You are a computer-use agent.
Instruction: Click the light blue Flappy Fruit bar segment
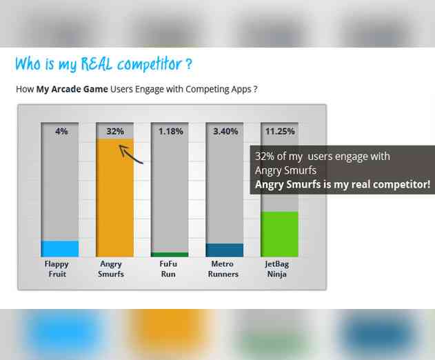tap(60, 248)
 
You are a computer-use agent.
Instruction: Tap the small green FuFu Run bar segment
tap(170, 254)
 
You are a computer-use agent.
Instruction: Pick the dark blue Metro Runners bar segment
tap(225, 250)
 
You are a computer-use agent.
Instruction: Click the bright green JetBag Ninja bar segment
tap(280, 234)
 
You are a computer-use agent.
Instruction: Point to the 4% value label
tap(61, 131)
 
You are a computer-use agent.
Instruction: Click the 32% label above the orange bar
tap(115, 131)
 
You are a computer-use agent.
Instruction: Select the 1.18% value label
tap(170, 131)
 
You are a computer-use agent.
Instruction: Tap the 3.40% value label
tap(225, 131)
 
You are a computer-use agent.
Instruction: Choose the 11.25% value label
tap(280, 131)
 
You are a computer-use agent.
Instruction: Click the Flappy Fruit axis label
tap(57, 269)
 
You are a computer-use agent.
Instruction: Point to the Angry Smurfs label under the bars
tap(111, 269)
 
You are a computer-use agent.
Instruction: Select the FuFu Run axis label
tap(168, 269)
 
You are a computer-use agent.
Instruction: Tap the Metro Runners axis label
tap(223, 269)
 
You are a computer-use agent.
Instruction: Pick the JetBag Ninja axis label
tap(277, 269)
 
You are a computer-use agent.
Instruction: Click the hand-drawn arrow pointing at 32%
tap(130, 154)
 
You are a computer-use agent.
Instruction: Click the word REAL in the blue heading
tap(97, 64)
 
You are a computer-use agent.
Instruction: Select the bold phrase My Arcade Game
tap(72, 89)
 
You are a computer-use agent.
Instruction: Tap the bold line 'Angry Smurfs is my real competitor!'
tap(342, 184)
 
